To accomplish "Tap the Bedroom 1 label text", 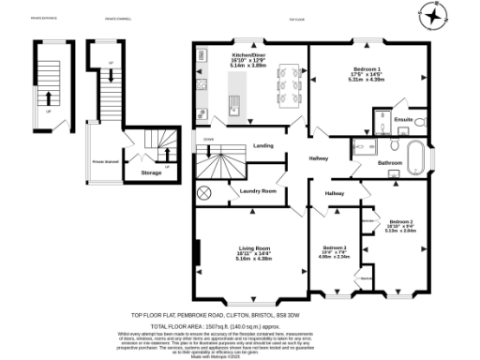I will pyautogui.click(x=367, y=70).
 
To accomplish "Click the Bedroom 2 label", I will pyautogui.click(x=401, y=221).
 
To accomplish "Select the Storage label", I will pyautogui.click(x=151, y=172).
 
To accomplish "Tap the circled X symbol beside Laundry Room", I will pyautogui.click(x=203, y=194).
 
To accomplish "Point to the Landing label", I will pyautogui.click(x=263, y=145).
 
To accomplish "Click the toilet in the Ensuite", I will pyautogui.click(x=421, y=123).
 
